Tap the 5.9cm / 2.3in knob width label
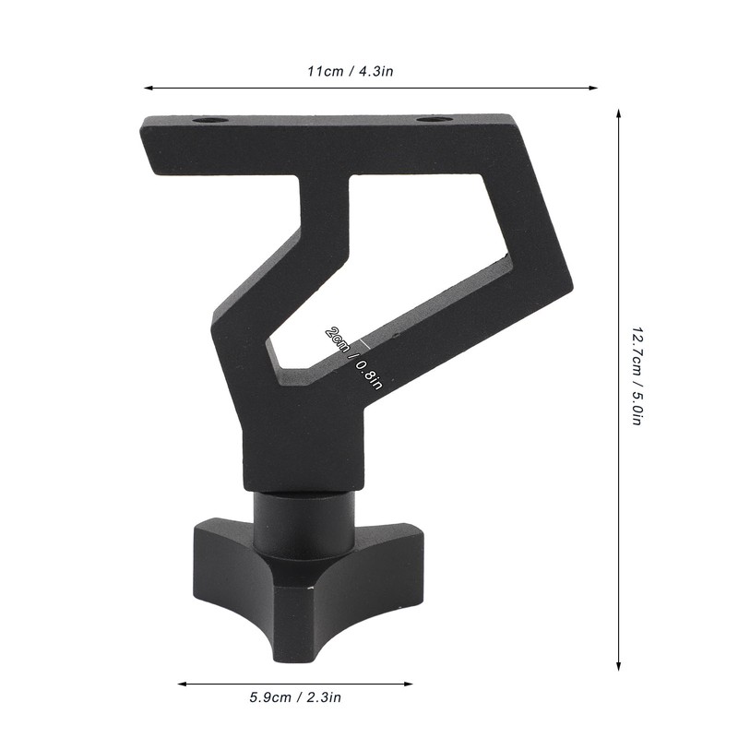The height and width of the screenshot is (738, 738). tap(295, 698)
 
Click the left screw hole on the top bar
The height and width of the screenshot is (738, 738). tap(211, 121)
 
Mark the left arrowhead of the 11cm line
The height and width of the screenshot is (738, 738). tap(148, 89)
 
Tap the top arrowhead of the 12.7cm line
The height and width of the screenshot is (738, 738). tap(618, 112)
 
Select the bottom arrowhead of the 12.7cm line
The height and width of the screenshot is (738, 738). tap(618, 665)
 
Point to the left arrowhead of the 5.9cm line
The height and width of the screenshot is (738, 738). tap(181, 684)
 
